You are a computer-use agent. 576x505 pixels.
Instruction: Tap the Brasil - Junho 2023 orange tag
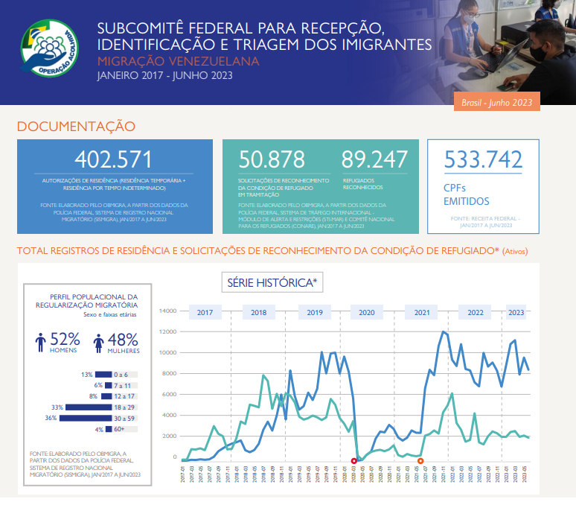496,103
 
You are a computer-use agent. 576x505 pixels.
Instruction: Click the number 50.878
272,159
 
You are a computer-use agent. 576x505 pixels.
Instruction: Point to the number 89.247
375,159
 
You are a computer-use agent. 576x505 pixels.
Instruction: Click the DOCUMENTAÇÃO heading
76,127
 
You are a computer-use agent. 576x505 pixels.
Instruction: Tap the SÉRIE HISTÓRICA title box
272,282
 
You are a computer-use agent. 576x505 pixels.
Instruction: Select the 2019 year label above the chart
314,313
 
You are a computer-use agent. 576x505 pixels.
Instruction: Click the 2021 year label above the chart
422,313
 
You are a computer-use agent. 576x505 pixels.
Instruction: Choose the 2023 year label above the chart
516,313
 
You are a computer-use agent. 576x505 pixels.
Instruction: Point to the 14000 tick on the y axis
167,311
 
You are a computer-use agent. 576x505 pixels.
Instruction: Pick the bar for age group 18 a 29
88,407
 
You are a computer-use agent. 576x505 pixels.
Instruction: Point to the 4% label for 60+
98,430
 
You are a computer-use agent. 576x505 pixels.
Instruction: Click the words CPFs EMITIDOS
467,194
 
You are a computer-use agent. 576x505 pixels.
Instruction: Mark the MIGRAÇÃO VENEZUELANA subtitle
178,60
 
